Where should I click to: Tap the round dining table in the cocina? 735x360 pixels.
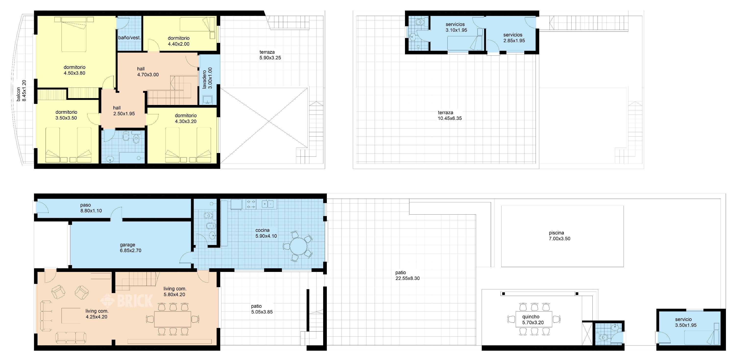coord(298,246)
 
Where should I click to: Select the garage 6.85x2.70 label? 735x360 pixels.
coord(130,247)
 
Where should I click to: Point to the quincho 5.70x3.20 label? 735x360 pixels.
coord(533,320)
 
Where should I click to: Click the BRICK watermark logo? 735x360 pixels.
coord(127,301)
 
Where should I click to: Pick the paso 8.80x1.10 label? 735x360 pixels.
coord(91,208)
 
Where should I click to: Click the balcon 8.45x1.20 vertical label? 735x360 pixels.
coord(21,90)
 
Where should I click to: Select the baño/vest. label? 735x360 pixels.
coord(129,38)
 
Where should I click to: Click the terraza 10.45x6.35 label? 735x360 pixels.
coord(450,115)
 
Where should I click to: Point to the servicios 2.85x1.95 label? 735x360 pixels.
coord(514,38)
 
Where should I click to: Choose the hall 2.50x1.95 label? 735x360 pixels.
coord(124,111)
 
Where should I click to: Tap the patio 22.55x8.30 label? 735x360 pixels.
coord(407,275)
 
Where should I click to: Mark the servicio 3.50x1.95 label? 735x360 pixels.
coord(686,322)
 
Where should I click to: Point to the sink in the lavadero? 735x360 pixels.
coord(208,100)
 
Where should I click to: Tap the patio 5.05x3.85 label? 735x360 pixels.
coord(262,309)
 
